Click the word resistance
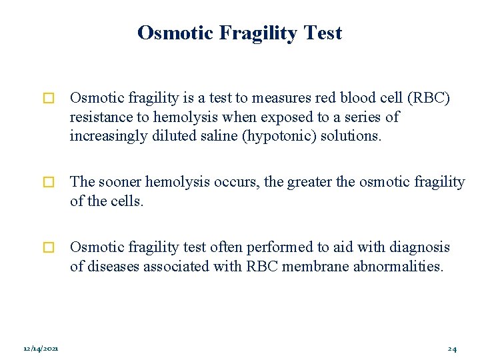click(100, 117)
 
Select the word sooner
click(121, 182)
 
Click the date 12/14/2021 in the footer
click(41, 349)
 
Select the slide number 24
click(452, 349)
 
